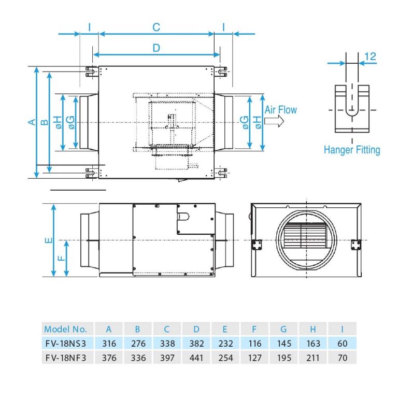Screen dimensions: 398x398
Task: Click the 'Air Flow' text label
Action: click(281, 109)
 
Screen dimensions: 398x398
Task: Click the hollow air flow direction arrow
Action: click(273, 121)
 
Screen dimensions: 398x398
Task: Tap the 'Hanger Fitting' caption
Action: click(352, 150)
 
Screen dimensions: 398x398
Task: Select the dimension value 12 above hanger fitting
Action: click(370, 56)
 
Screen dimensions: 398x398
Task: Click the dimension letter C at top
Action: click(156, 27)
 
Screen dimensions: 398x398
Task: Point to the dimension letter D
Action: click(156, 48)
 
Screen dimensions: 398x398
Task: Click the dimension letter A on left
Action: click(31, 122)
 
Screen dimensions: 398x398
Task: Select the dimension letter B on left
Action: click(45, 122)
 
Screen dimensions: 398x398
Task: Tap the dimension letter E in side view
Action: click(48, 240)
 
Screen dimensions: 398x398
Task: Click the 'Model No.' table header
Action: click(65, 329)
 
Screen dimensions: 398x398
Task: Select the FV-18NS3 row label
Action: click(65, 343)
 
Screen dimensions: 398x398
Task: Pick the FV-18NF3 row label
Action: click(65, 358)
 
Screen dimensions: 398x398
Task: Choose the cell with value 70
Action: click(343, 358)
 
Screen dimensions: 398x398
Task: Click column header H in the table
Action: click(314, 329)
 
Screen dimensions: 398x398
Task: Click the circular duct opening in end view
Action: click(306, 240)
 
